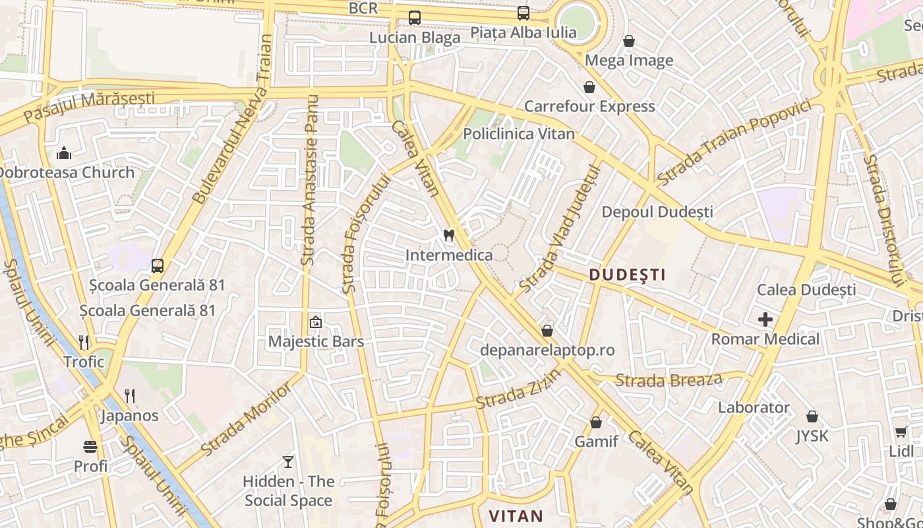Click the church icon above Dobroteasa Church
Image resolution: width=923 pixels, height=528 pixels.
pos(64,153)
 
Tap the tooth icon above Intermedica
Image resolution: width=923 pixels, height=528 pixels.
pos(449,235)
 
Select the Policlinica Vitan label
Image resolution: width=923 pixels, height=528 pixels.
pos(518,134)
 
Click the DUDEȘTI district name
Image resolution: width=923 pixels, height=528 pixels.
pos(627,275)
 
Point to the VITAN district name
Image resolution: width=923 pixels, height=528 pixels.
pos(516,516)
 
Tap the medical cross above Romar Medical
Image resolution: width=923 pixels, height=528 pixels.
pos(765,320)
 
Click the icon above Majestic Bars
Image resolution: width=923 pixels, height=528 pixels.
pos(315,323)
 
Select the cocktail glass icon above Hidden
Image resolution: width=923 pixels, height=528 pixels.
pos(288,461)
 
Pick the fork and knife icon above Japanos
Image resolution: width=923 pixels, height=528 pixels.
pos(130,396)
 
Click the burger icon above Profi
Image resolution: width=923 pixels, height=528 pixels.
pos(90,447)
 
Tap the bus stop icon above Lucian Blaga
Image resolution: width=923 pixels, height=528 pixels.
pos(414,18)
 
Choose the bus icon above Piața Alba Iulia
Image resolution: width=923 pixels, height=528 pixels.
pos(523,13)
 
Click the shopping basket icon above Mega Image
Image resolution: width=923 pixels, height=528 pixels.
pos(629,41)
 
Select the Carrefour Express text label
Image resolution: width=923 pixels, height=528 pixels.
pos(589,106)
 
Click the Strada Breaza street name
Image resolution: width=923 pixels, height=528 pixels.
pos(669,380)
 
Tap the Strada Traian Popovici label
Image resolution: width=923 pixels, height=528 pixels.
pos(733,142)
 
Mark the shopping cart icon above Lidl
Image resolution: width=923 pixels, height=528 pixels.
pos(901,432)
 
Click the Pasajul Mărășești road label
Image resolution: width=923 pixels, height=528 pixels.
pos(89,106)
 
